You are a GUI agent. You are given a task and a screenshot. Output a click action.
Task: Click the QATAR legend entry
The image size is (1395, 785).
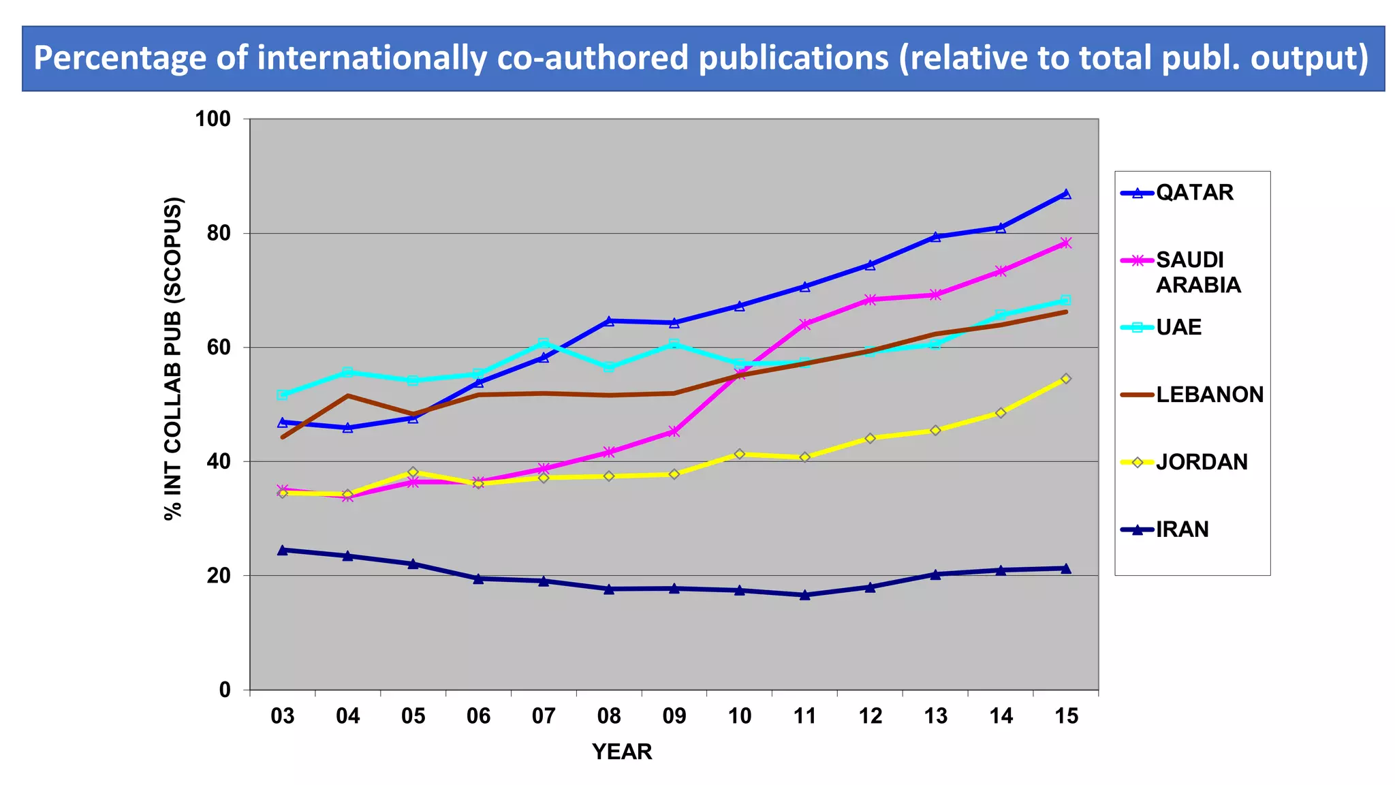[x=1194, y=193]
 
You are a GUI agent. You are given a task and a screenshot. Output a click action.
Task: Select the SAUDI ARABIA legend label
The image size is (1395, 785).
[x=1197, y=272]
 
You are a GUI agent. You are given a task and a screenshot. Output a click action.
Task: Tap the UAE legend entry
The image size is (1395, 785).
[x=1178, y=328]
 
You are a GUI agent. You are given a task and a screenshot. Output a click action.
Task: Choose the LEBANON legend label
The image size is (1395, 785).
[x=1209, y=395]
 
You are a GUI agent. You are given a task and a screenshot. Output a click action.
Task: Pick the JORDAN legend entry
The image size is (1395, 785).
[x=1202, y=463]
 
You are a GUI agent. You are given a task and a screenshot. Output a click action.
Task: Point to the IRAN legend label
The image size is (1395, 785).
[x=1182, y=529]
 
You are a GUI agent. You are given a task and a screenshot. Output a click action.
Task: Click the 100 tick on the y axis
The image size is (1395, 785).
[x=213, y=119]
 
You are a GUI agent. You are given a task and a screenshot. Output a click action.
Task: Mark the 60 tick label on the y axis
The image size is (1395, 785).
[x=219, y=348]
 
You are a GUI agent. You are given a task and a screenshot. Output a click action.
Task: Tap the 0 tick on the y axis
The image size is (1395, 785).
[x=225, y=690]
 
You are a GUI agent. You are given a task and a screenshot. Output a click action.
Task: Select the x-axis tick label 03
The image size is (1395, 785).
[x=282, y=716]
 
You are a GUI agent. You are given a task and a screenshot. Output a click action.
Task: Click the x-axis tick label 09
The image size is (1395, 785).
[x=674, y=716]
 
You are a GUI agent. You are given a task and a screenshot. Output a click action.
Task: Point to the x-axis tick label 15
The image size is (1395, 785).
[x=1065, y=716]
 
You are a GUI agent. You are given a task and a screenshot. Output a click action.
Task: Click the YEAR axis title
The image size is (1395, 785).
[x=622, y=752]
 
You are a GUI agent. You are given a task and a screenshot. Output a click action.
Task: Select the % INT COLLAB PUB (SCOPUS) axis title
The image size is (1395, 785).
[x=173, y=358]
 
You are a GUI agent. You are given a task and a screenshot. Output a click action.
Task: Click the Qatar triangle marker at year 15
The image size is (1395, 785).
[x=1066, y=194]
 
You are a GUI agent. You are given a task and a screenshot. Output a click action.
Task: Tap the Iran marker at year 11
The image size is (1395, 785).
[x=804, y=595]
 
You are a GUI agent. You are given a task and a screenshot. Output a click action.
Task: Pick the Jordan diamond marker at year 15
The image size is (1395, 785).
[x=1066, y=379]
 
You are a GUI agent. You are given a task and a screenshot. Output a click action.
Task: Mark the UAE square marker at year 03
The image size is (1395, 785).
[x=282, y=395]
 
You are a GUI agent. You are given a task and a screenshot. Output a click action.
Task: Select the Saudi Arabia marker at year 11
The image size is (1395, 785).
[x=804, y=324]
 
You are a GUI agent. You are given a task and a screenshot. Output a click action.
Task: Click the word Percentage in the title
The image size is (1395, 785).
[x=119, y=58]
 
